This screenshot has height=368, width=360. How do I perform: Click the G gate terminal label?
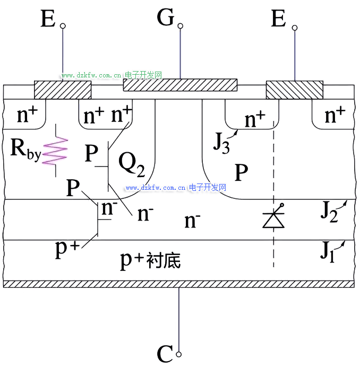tap(166, 19)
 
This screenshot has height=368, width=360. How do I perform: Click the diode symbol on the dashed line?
tap(274, 217)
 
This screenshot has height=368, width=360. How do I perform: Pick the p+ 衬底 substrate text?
tap(151, 260)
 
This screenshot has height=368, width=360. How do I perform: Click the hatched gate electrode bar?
tap(180, 85)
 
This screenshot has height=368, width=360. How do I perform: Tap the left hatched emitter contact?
tap(63, 90)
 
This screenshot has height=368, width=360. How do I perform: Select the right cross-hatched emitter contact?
tap(294, 90)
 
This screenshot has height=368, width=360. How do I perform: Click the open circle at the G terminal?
tap(181, 26)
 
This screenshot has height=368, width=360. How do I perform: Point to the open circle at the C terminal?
tap(179, 354)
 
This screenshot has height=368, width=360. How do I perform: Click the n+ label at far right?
tap(335, 114)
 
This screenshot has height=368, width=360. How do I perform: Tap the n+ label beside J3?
tap(255, 120)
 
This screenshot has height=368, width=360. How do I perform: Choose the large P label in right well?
tap(242, 172)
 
